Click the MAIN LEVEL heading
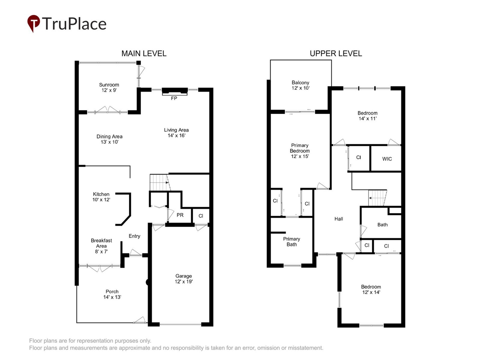(144, 53)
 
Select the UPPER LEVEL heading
(336, 53)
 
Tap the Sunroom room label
(109, 87)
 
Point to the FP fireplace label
(174, 98)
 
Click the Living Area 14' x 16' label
(176, 133)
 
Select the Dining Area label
(109, 139)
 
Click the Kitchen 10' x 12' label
(101, 197)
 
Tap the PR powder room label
(180, 215)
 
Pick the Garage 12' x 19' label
(184, 279)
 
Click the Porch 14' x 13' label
(112, 294)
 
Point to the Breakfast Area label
(101, 246)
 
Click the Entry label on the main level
(134, 236)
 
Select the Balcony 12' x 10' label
(300, 85)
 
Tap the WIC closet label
(387, 159)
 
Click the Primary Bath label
(292, 242)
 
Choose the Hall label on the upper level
(339, 219)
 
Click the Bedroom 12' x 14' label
(371, 289)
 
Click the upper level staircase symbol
(377, 198)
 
